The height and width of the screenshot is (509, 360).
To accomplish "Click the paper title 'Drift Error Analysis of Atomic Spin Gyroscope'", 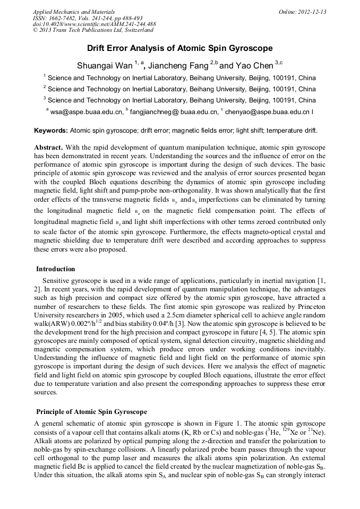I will point(179,48).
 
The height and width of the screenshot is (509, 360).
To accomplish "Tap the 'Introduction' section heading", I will point(56,269).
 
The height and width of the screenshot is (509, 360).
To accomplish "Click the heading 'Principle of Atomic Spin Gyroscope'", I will point(91,412).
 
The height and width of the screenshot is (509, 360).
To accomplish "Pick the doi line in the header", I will point(94,24).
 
